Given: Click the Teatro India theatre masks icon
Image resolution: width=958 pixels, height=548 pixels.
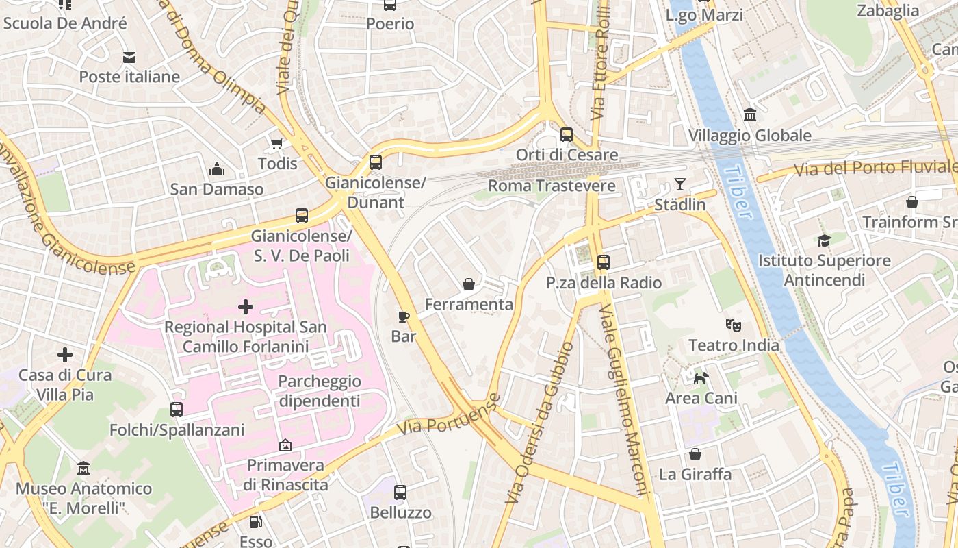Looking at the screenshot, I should [734, 325].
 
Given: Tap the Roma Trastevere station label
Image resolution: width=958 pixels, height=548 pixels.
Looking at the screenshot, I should [552, 186].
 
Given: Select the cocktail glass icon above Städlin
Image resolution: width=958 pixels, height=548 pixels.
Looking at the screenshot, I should [679, 184].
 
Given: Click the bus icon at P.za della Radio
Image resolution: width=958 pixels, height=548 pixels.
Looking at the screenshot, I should [603, 262].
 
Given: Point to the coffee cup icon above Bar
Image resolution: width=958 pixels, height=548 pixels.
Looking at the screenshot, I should [404, 316].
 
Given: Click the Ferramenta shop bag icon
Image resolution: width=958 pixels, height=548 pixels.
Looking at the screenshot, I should [469, 284].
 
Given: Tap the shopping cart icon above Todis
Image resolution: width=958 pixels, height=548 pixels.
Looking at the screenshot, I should [277, 142].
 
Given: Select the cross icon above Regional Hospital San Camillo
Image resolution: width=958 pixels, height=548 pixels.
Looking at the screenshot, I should [245, 307].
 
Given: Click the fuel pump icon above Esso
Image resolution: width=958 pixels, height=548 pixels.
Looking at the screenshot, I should [255, 522].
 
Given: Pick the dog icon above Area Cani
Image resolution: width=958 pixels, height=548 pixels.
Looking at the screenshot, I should [701, 377].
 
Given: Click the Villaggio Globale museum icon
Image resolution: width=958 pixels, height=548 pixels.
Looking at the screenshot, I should [750, 114].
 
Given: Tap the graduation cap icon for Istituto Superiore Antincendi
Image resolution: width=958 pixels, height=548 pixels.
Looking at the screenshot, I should [824, 240].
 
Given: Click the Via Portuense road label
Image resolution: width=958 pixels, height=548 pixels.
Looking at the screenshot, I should [448, 415].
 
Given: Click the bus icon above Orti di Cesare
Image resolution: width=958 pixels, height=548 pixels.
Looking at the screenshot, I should [567, 134].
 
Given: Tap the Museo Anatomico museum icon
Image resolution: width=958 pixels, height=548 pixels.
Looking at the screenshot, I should [83, 468].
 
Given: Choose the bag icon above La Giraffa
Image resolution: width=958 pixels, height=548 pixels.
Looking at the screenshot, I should [695, 454].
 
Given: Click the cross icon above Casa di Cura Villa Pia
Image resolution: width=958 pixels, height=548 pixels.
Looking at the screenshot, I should [65, 355].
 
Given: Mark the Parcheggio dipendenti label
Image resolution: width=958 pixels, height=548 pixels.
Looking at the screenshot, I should [319, 391].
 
